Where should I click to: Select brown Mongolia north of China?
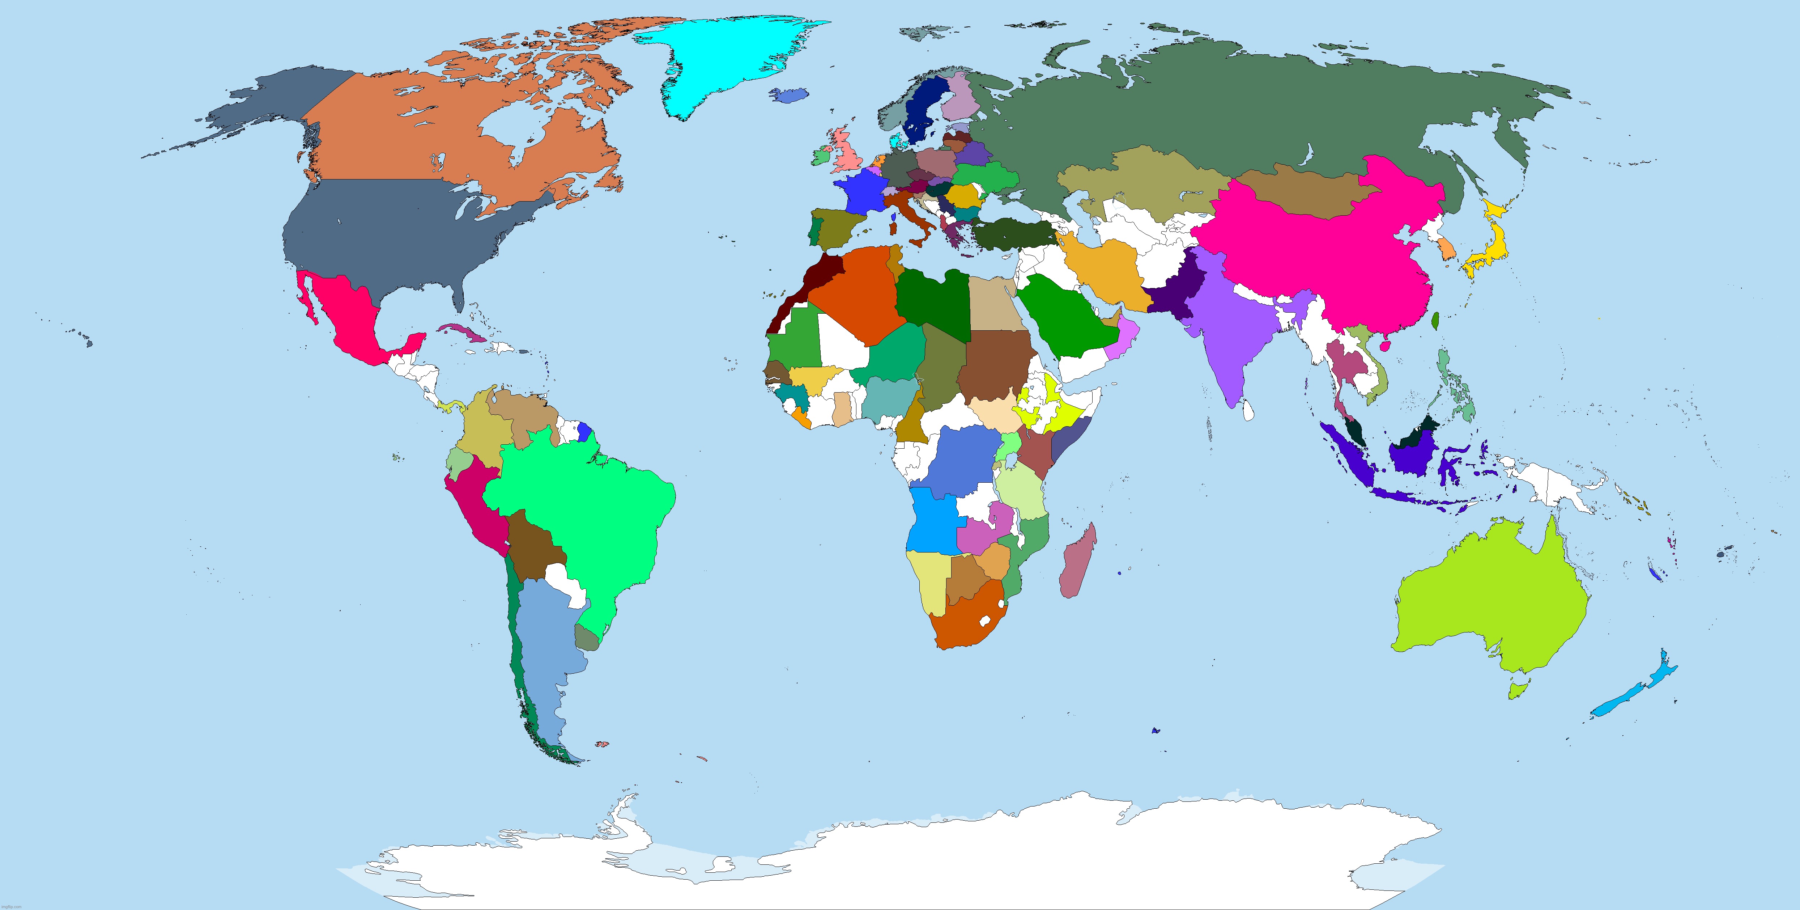click(x=1300, y=192)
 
